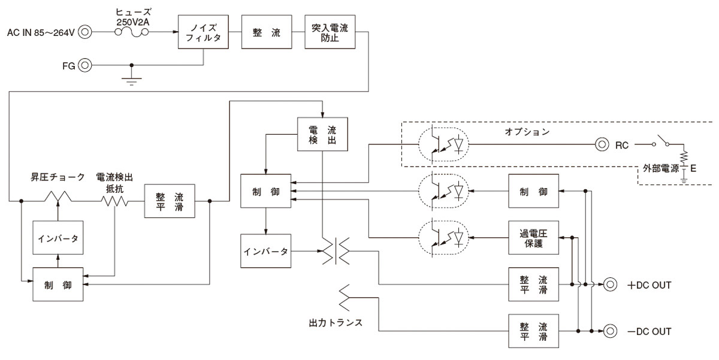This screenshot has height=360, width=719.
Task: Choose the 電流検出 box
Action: [x=322, y=134]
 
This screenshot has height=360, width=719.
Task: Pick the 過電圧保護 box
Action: [x=533, y=238]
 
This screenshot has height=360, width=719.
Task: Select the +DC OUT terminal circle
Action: [x=610, y=285]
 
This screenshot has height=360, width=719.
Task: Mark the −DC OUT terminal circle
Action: [x=610, y=331]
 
